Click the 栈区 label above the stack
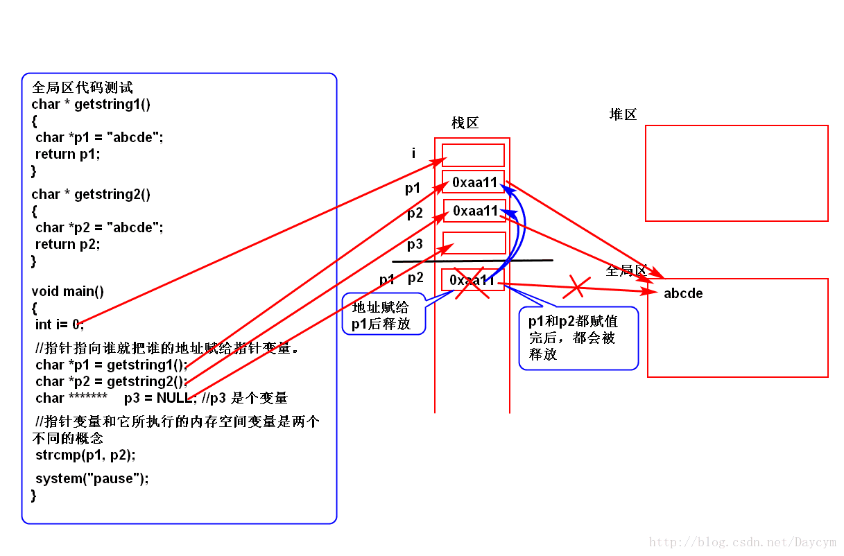(x=465, y=123)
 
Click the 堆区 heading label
(x=623, y=114)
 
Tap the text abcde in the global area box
(x=683, y=293)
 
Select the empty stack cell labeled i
(x=474, y=155)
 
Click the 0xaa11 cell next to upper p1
(x=474, y=182)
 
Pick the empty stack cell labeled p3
(x=474, y=243)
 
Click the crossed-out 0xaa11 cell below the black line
(x=472, y=280)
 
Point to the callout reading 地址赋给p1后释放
(x=383, y=315)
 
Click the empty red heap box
(x=737, y=173)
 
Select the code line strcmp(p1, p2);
(x=85, y=455)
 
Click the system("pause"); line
(x=92, y=478)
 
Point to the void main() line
(x=68, y=291)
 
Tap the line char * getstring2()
(x=91, y=194)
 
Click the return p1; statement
(x=68, y=154)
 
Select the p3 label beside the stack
(x=415, y=244)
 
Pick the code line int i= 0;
(x=60, y=324)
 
